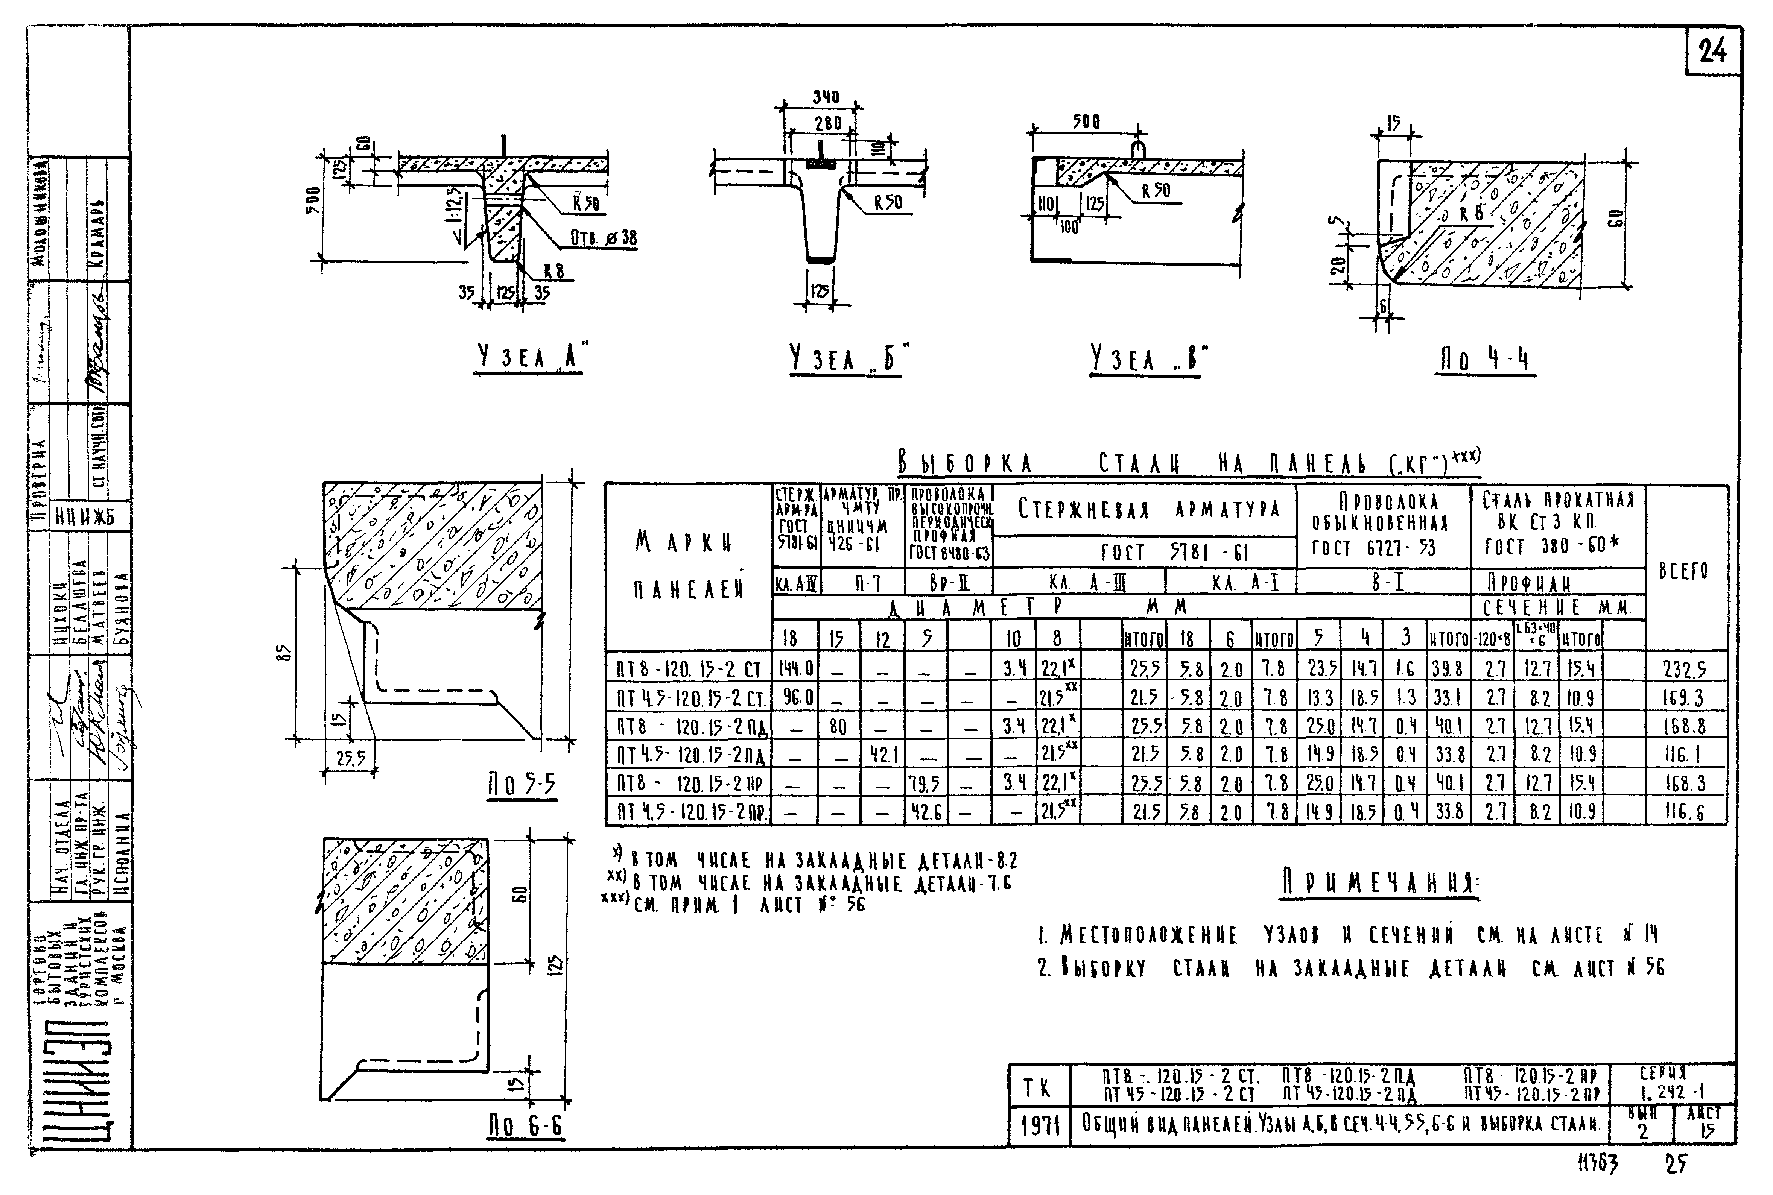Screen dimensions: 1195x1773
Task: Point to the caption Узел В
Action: (1150, 360)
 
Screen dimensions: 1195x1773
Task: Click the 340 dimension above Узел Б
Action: (826, 97)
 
